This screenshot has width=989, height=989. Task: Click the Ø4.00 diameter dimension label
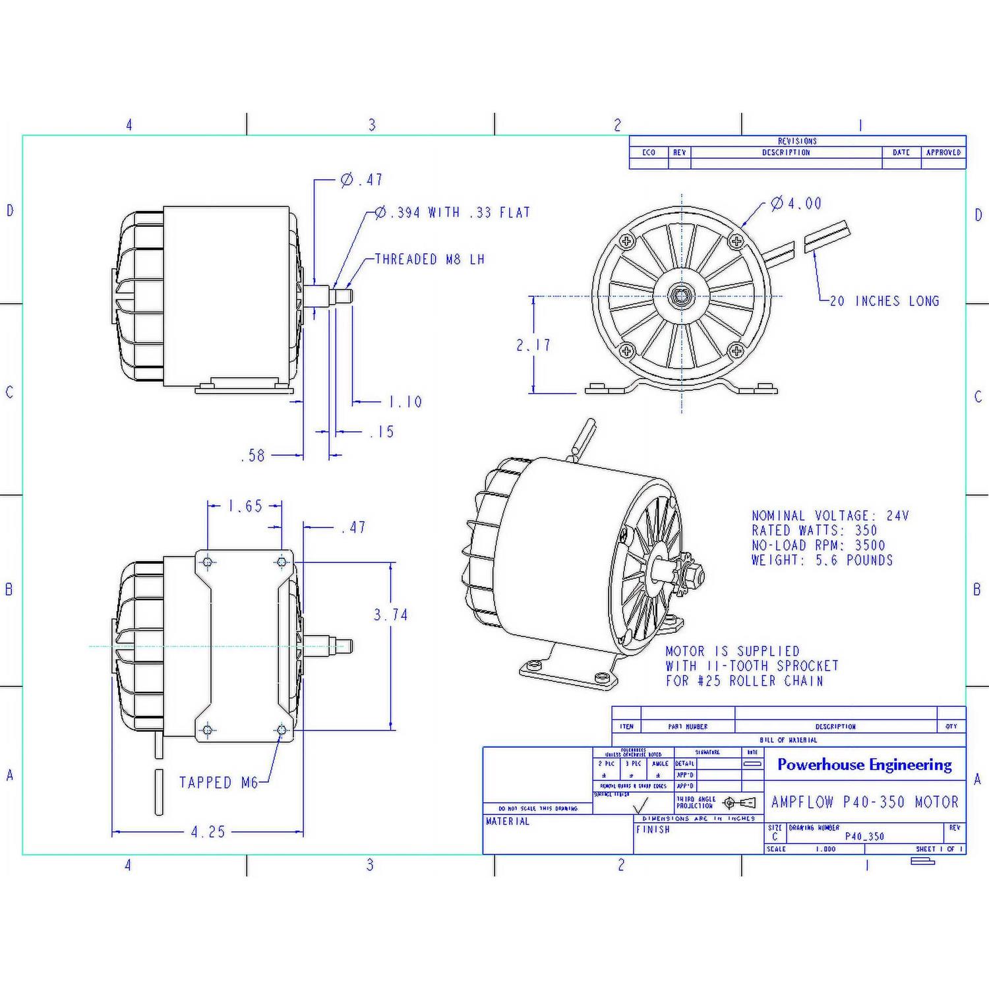tap(796, 204)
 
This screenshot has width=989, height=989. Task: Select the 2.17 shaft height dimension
tap(533, 345)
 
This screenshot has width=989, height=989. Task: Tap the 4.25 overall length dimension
tap(208, 832)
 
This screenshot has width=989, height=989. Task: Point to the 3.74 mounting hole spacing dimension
tap(391, 615)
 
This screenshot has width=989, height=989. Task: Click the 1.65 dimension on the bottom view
tap(245, 506)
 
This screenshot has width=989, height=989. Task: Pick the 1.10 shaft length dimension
tap(405, 402)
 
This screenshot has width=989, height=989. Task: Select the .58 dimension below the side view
tap(253, 456)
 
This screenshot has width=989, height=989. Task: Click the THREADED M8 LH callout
tap(430, 259)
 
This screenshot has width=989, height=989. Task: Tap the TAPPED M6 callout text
tap(218, 783)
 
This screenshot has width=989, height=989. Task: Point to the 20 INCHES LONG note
tap(884, 301)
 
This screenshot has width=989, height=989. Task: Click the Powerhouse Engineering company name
tap(864, 765)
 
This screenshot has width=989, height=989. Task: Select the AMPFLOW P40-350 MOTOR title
tap(864, 802)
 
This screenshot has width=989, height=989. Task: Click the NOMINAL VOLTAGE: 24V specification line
tap(830, 516)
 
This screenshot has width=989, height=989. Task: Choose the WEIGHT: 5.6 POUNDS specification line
tap(822, 560)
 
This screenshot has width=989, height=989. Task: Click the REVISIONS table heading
tap(797, 141)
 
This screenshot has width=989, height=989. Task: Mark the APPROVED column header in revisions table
tap(943, 152)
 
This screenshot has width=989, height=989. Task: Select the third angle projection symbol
tap(739, 803)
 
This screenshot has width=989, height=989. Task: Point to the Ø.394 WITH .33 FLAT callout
tap(452, 212)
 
